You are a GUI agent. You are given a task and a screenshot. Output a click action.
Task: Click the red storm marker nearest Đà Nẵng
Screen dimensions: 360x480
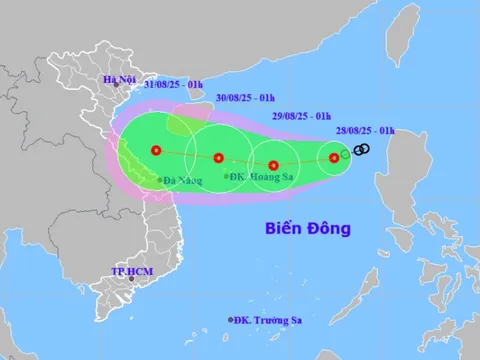pyautogui.click(x=155, y=151)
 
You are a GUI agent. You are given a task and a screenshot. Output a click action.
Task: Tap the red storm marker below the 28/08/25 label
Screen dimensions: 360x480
pyautogui.click(x=334, y=157)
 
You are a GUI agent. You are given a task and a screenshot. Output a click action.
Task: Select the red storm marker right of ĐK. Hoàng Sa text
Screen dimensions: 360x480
pyautogui.click(x=273, y=165)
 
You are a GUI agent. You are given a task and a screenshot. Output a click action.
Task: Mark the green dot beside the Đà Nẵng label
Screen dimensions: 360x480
pyautogui.click(x=159, y=180)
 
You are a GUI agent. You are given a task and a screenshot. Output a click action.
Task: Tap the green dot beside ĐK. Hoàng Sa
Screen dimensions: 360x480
pyautogui.click(x=227, y=177)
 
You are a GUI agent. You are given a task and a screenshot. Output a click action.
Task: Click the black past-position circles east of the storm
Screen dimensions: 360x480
pyautogui.click(x=362, y=149)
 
